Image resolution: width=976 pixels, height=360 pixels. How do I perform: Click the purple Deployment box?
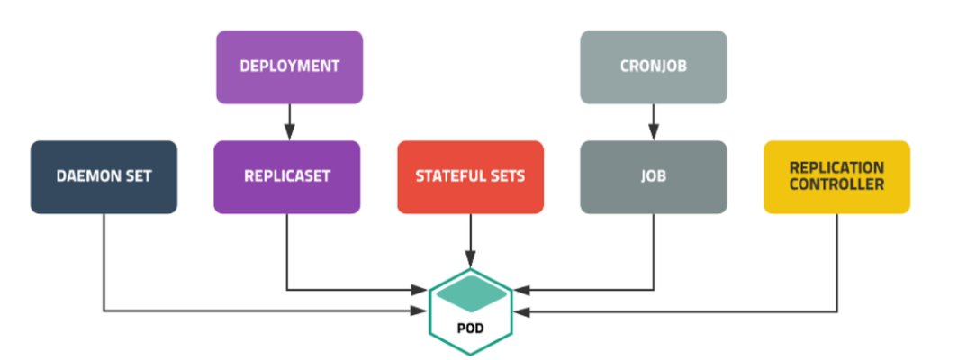(x=289, y=67)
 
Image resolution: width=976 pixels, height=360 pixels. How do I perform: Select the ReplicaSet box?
(x=287, y=176)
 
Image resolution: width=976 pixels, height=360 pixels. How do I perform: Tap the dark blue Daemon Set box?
(x=104, y=176)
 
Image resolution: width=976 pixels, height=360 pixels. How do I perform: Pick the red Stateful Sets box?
(x=470, y=176)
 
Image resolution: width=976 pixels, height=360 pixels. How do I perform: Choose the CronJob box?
(x=653, y=67)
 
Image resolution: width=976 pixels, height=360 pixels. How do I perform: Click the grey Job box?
(x=653, y=176)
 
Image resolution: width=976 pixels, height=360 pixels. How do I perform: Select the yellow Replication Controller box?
(x=836, y=176)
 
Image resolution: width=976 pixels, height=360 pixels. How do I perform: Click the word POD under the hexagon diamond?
(x=470, y=328)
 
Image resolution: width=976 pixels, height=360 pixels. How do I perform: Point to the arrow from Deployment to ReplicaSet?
(x=289, y=121)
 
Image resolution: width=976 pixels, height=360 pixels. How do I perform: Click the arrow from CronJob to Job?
(x=653, y=121)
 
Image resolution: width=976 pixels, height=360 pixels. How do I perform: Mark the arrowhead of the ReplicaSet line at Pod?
(x=420, y=290)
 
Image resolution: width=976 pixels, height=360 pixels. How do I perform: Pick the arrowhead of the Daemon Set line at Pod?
(x=420, y=311)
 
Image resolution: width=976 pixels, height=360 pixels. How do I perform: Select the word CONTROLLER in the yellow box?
(x=836, y=184)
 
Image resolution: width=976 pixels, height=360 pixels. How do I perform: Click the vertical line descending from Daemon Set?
(x=104, y=261)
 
